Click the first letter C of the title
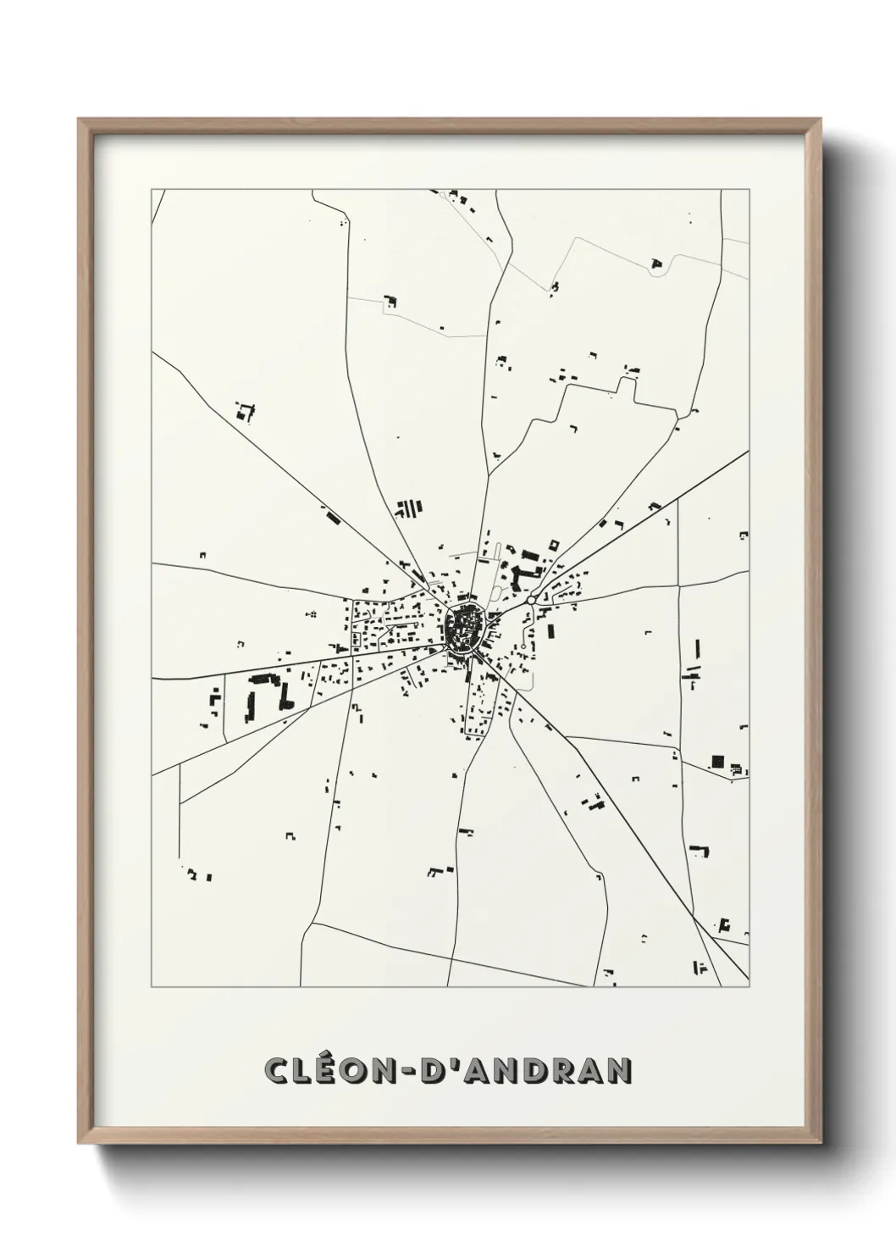pyautogui.click(x=276, y=1071)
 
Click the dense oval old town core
pyautogui.click(x=463, y=627)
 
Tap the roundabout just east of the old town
pyautogui.click(x=530, y=600)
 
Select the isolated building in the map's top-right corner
pyautogui.click(x=655, y=264)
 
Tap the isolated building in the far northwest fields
pyautogui.click(x=245, y=413)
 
